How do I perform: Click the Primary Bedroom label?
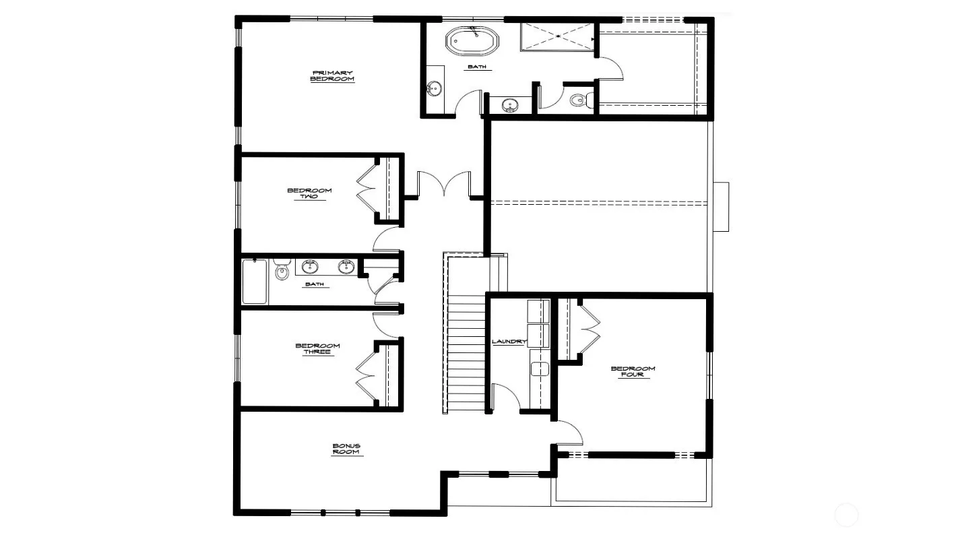point(332,76)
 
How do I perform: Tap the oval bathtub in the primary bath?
point(472,41)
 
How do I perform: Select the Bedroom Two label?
point(310,193)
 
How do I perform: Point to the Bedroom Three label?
point(318,348)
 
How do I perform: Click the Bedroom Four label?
point(633,371)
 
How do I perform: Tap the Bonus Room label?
point(346,449)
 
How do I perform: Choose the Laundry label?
point(509,342)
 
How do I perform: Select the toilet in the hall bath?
point(282,268)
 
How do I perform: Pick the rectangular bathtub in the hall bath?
point(255,282)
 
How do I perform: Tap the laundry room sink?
point(540,369)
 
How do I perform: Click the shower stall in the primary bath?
point(557,37)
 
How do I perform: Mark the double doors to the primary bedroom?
point(444,184)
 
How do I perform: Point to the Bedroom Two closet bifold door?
point(367,189)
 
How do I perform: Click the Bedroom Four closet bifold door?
point(590,329)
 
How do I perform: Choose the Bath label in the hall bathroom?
point(315,284)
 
